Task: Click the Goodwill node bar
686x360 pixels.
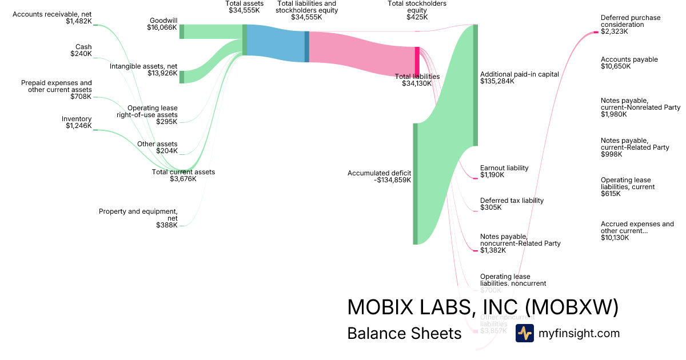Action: coord(182,31)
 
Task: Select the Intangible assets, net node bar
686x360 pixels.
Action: coord(182,77)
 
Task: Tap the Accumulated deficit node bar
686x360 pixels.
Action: coord(416,183)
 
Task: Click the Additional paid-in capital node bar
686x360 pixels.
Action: coord(475,85)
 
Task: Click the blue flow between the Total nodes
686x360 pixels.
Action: coord(276,43)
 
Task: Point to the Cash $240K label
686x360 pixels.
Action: coord(81,50)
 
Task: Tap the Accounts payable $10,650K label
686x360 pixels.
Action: coord(629,63)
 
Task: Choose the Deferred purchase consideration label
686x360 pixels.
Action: coord(630,25)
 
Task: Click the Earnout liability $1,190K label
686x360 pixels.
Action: coord(504,171)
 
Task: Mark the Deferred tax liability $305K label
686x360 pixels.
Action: coord(512,204)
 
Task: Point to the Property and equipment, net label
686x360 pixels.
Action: coord(138,218)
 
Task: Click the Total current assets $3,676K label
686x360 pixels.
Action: coord(183,175)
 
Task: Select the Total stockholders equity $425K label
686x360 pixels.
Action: coord(417,10)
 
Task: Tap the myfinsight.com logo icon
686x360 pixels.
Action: coord(524,333)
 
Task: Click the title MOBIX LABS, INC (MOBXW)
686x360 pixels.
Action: coord(483,307)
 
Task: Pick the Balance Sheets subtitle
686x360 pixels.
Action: coord(404,334)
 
